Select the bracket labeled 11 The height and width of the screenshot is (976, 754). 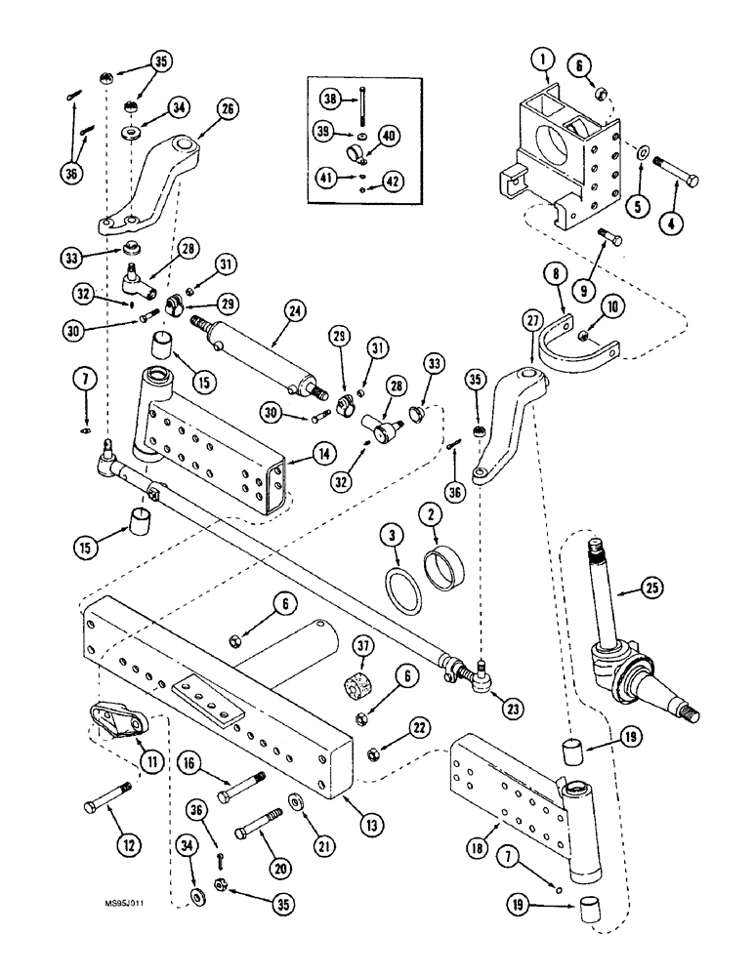(x=117, y=723)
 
